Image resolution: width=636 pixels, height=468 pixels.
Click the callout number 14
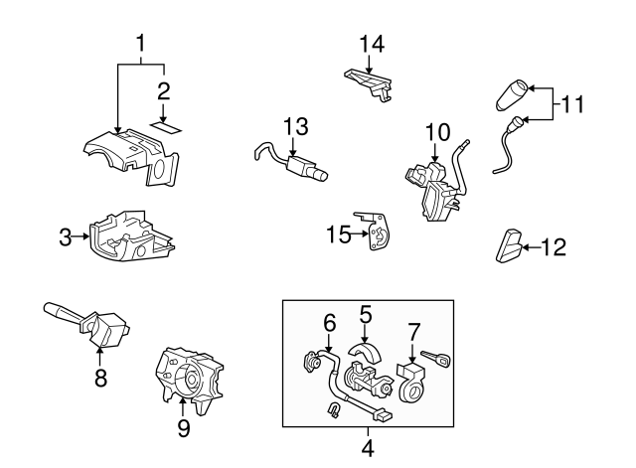pyautogui.click(x=372, y=44)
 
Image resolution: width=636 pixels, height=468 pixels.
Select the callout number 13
pyautogui.click(x=296, y=126)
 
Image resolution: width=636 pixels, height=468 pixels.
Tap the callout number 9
pyautogui.click(x=184, y=428)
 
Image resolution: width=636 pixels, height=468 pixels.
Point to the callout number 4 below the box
pyautogui.click(x=367, y=448)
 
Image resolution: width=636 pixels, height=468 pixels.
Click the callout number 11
pyautogui.click(x=572, y=104)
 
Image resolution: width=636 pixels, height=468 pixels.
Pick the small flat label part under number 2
pyautogui.click(x=166, y=127)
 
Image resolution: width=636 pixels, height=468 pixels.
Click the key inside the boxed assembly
pyautogui.click(x=436, y=359)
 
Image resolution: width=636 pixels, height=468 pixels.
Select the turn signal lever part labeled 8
pyautogui.click(x=88, y=325)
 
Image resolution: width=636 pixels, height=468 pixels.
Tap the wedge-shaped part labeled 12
pyautogui.click(x=508, y=245)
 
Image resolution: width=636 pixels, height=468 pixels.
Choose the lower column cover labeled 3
pyautogui.click(x=132, y=236)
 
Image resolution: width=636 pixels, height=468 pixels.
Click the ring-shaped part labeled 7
pyautogui.click(x=411, y=383)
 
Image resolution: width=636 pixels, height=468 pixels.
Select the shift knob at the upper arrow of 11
pyautogui.click(x=511, y=95)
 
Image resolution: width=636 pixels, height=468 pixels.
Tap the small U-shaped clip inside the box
pyautogui.click(x=333, y=410)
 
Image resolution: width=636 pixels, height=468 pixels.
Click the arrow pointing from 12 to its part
pyautogui.click(x=532, y=247)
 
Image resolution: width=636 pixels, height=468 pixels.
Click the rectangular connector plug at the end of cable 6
pyautogui.click(x=384, y=415)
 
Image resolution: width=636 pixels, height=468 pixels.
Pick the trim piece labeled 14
pyautogui.click(x=369, y=83)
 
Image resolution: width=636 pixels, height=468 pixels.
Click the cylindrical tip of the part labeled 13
pyautogui.click(x=321, y=175)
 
